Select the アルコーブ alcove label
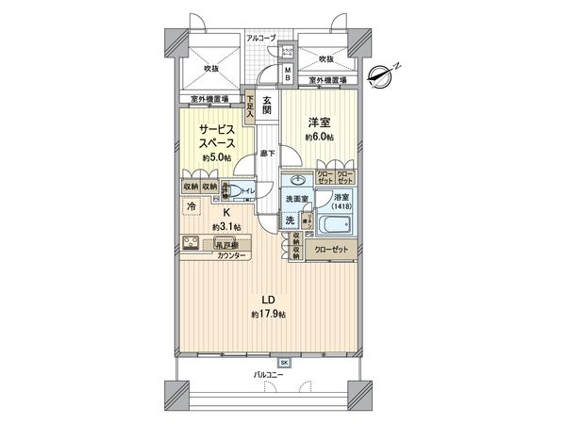pyautogui.click(x=261, y=38)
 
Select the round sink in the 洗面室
pyautogui.click(x=298, y=181)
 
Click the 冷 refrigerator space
pyautogui.click(x=191, y=206)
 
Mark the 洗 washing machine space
pyautogui.click(x=291, y=220)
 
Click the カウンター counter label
pyautogui.click(x=232, y=256)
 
